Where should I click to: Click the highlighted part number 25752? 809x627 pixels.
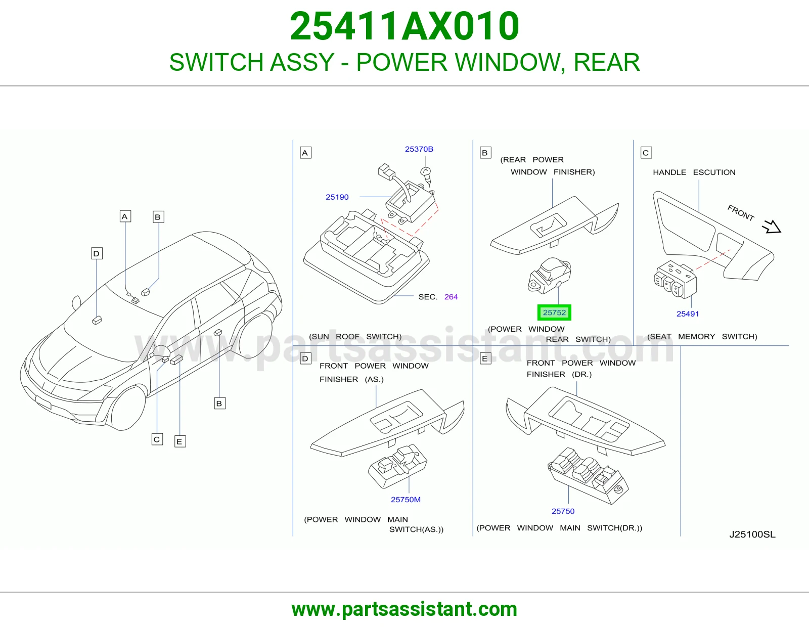click(554, 312)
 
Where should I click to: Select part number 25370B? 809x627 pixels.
click(419, 149)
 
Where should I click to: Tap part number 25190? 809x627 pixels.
click(337, 197)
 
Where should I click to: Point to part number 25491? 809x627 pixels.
click(687, 314)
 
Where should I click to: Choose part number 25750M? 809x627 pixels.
click(406, 499)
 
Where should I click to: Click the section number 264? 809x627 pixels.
click(451, 297)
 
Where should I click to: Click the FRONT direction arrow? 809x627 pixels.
click(772, 227)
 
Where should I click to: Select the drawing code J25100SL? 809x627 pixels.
click(752, 534)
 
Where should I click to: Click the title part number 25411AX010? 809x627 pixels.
click(404, 26)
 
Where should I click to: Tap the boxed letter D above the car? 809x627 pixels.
click(97, 253)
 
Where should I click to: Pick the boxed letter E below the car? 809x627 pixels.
click(180, 441)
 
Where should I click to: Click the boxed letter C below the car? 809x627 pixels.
click(157, 439)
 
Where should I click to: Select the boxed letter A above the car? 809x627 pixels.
click(125, 216)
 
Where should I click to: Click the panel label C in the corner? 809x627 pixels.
click(646, 153)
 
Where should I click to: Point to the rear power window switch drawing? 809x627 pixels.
click(550, 275)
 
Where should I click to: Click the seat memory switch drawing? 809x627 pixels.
click(675, 279)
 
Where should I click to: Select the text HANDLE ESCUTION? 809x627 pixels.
click(694, 172)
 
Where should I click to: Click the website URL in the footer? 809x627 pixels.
click(404, 609)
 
